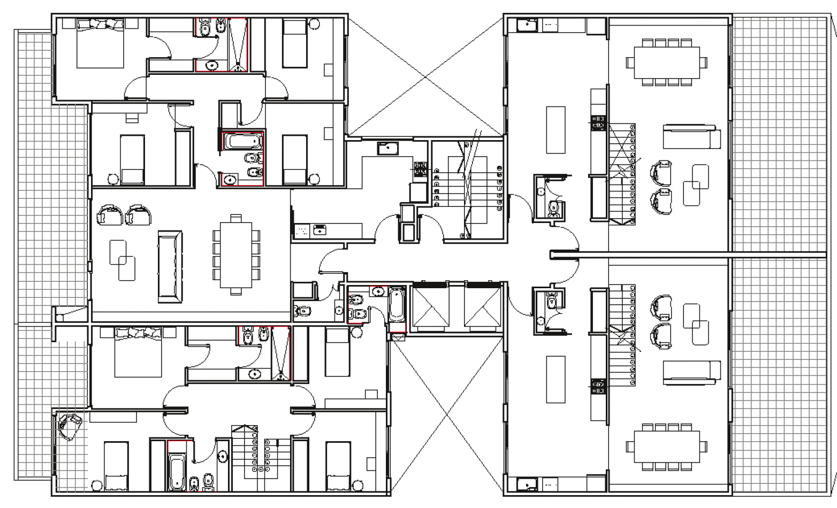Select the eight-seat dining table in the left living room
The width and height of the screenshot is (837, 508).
236,254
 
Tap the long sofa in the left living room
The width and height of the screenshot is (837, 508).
170,267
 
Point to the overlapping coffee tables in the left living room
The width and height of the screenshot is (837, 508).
123,260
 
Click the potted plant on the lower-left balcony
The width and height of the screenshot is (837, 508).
70,427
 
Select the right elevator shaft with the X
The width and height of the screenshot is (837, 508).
482,306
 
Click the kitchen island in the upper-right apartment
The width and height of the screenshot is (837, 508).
556,129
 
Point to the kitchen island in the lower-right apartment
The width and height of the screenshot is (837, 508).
556,379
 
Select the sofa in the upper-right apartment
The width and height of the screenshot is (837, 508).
690,137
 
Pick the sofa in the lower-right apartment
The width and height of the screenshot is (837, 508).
690,372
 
